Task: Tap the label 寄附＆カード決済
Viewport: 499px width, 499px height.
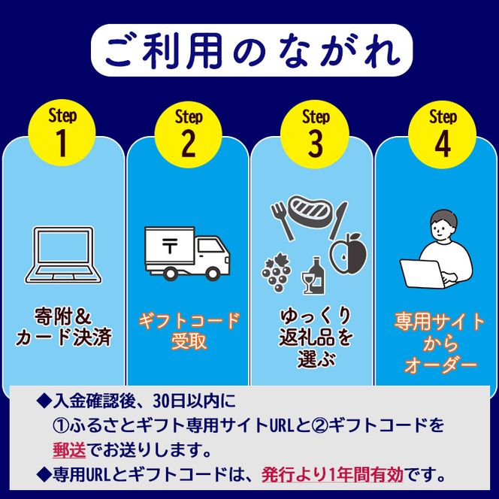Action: pyautogui.click(x=63, y=325)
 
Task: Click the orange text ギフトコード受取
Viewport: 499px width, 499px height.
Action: pyautogui.click(x=188, y=331)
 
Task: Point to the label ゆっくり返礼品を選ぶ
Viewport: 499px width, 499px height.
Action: pyautogui.click(x=314, y=336)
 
